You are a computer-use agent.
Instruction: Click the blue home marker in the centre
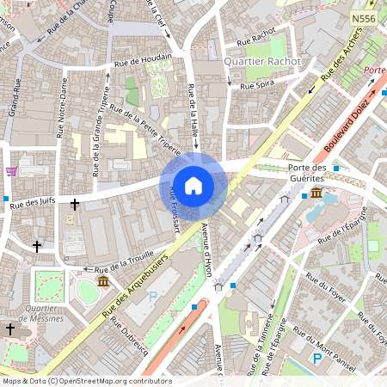(193, 185)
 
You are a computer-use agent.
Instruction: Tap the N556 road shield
(363, 17)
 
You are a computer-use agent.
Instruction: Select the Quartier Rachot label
(261, 61)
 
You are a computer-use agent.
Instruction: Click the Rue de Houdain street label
(143, 60)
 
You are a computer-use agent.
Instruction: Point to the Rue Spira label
(257, 86)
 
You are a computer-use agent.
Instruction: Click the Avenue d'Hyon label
(206, 249)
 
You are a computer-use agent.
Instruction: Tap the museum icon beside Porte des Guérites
(317, 193)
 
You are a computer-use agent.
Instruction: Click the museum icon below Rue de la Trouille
(102, 281)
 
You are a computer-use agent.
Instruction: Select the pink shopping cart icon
(11, 171)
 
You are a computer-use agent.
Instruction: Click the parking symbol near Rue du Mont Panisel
(317, 359)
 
